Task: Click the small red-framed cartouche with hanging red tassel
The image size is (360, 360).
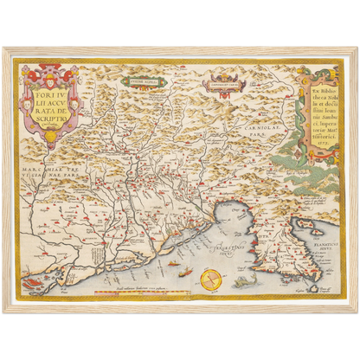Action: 223,84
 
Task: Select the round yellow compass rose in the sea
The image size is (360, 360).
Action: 209,278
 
